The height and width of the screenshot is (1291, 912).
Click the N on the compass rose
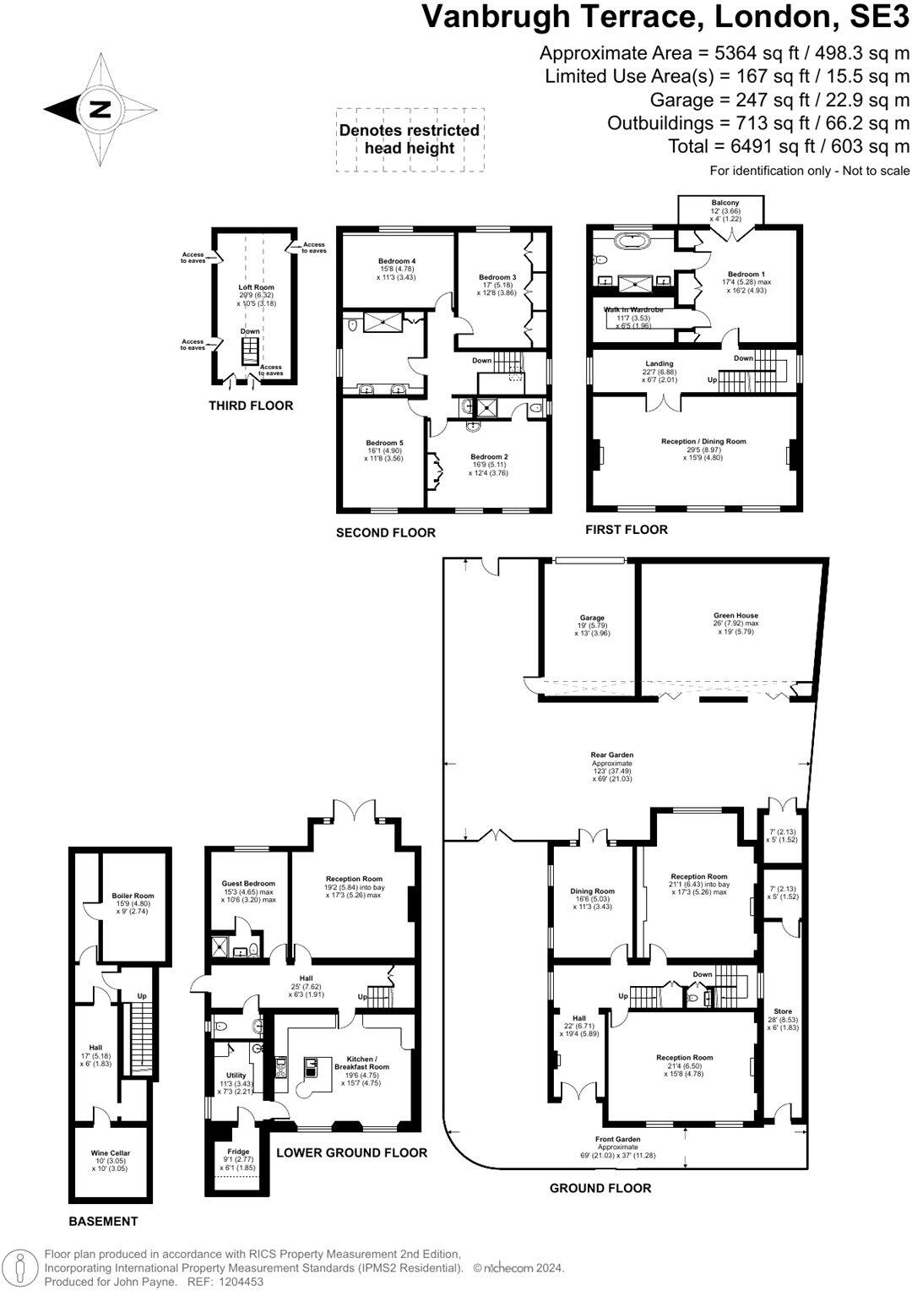pos(100,110)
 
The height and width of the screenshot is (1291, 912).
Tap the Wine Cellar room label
pos(111,1152)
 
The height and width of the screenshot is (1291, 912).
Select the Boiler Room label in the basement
pos(133,896)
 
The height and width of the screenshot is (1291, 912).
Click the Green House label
pos(736,616)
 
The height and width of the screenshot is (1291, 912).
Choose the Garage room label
pos(592,618)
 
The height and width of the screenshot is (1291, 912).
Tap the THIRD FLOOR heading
pos(251,406)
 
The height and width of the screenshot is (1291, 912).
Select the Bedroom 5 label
pos(384,443)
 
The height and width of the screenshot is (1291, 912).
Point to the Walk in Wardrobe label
pos(632,310)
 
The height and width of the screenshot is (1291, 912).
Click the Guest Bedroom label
pos(248,884)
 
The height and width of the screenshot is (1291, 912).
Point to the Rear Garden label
pos(612,755)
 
